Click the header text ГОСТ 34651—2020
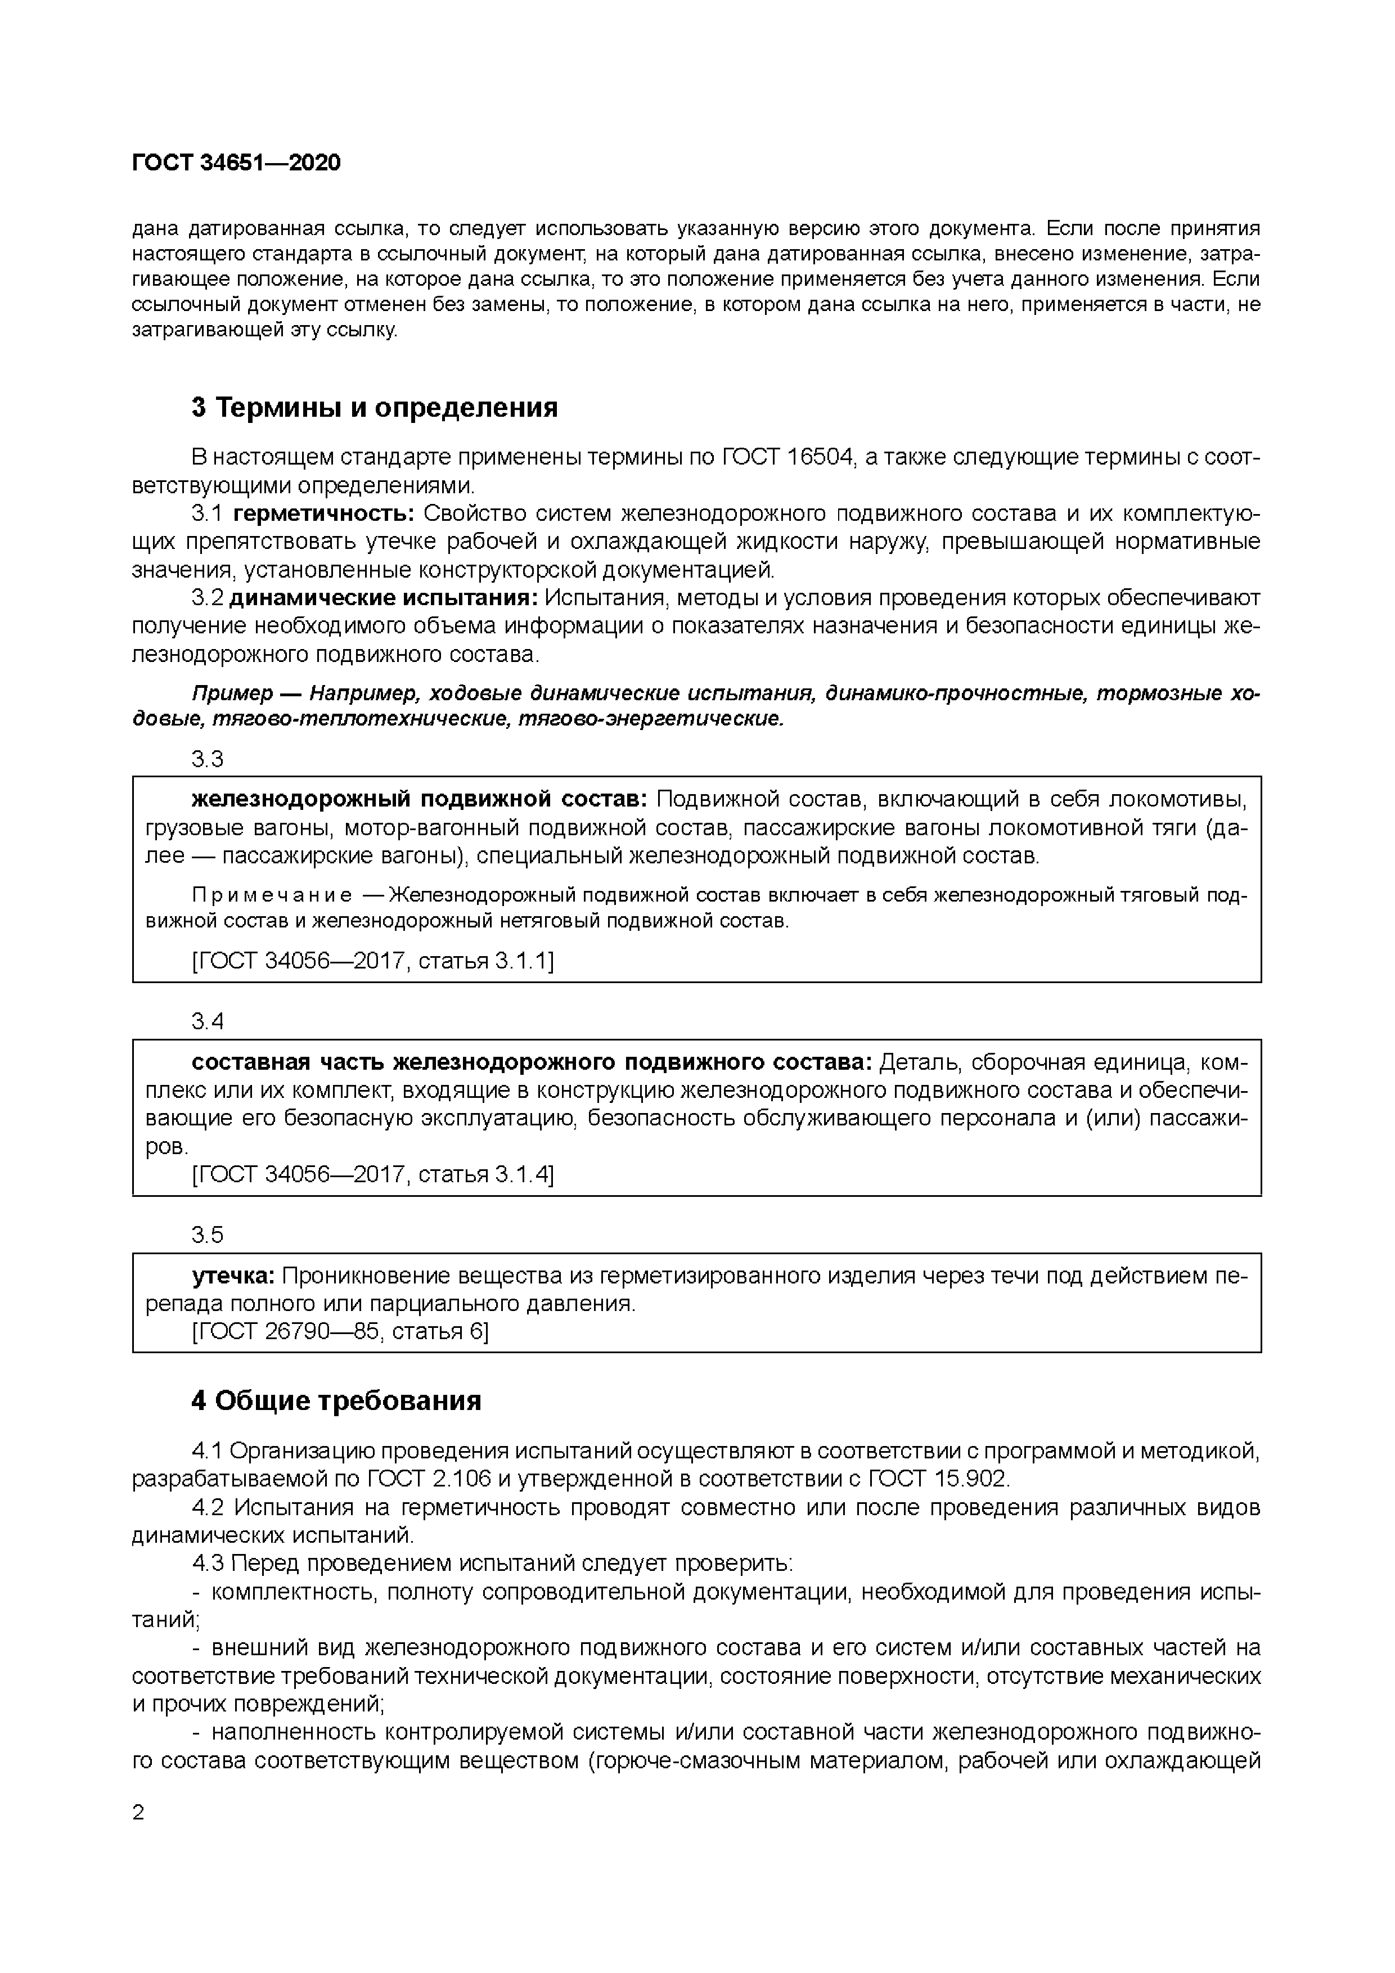click(x=236, y=163)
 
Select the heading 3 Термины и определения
click(x=374, y=407)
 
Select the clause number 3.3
click(x=207, y=759)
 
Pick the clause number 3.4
click(x=207, y=1021)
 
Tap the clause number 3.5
click(x=207, y=1235)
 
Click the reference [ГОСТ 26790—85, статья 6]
click(x=340, y=1332)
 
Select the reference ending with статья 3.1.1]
click(x=372, y=961)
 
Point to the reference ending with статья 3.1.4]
click(x=372, y=1174)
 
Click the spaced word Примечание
click(x=272, y=895)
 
